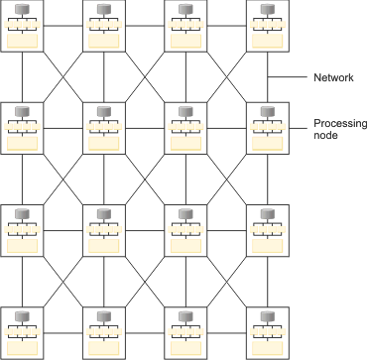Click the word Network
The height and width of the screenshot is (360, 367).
click(334, 75)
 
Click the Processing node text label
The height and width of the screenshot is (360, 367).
click(339, 130)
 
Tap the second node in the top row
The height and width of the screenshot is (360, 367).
click(104, 27)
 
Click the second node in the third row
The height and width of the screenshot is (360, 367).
click(104, 230)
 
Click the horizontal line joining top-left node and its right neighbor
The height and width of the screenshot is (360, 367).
click(64, 27)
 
